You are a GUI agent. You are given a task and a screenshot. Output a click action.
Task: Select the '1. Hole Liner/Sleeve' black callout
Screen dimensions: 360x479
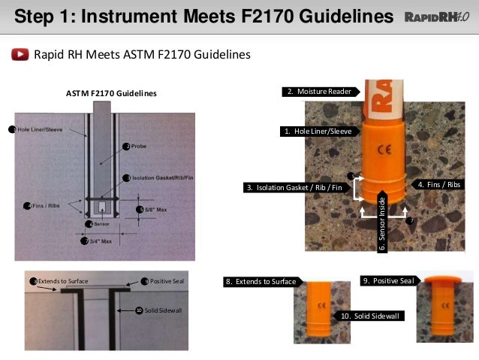[x=315, y=131]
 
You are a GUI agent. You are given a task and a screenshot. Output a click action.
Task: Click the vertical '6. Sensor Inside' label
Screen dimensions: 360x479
[x=381, y=222]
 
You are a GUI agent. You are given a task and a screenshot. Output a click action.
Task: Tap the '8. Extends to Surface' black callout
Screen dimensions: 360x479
[x=261, y=282]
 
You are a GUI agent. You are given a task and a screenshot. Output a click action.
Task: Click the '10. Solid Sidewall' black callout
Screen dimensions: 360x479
[x=370, y=316]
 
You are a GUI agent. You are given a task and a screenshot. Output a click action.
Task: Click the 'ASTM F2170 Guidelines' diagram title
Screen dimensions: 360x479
[x=111, y=93]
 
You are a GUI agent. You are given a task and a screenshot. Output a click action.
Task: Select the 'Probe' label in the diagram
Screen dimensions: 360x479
[x=137, y=146]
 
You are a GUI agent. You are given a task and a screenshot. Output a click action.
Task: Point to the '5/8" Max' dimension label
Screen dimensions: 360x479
[x=155, y=209]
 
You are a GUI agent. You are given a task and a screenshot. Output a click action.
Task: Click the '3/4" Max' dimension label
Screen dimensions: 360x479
[x=100, y=241]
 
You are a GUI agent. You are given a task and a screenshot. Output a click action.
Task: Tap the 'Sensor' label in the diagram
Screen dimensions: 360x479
[x=103, y=224]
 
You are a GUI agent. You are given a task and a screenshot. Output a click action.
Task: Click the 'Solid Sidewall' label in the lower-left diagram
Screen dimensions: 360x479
[x=161, y=310]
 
